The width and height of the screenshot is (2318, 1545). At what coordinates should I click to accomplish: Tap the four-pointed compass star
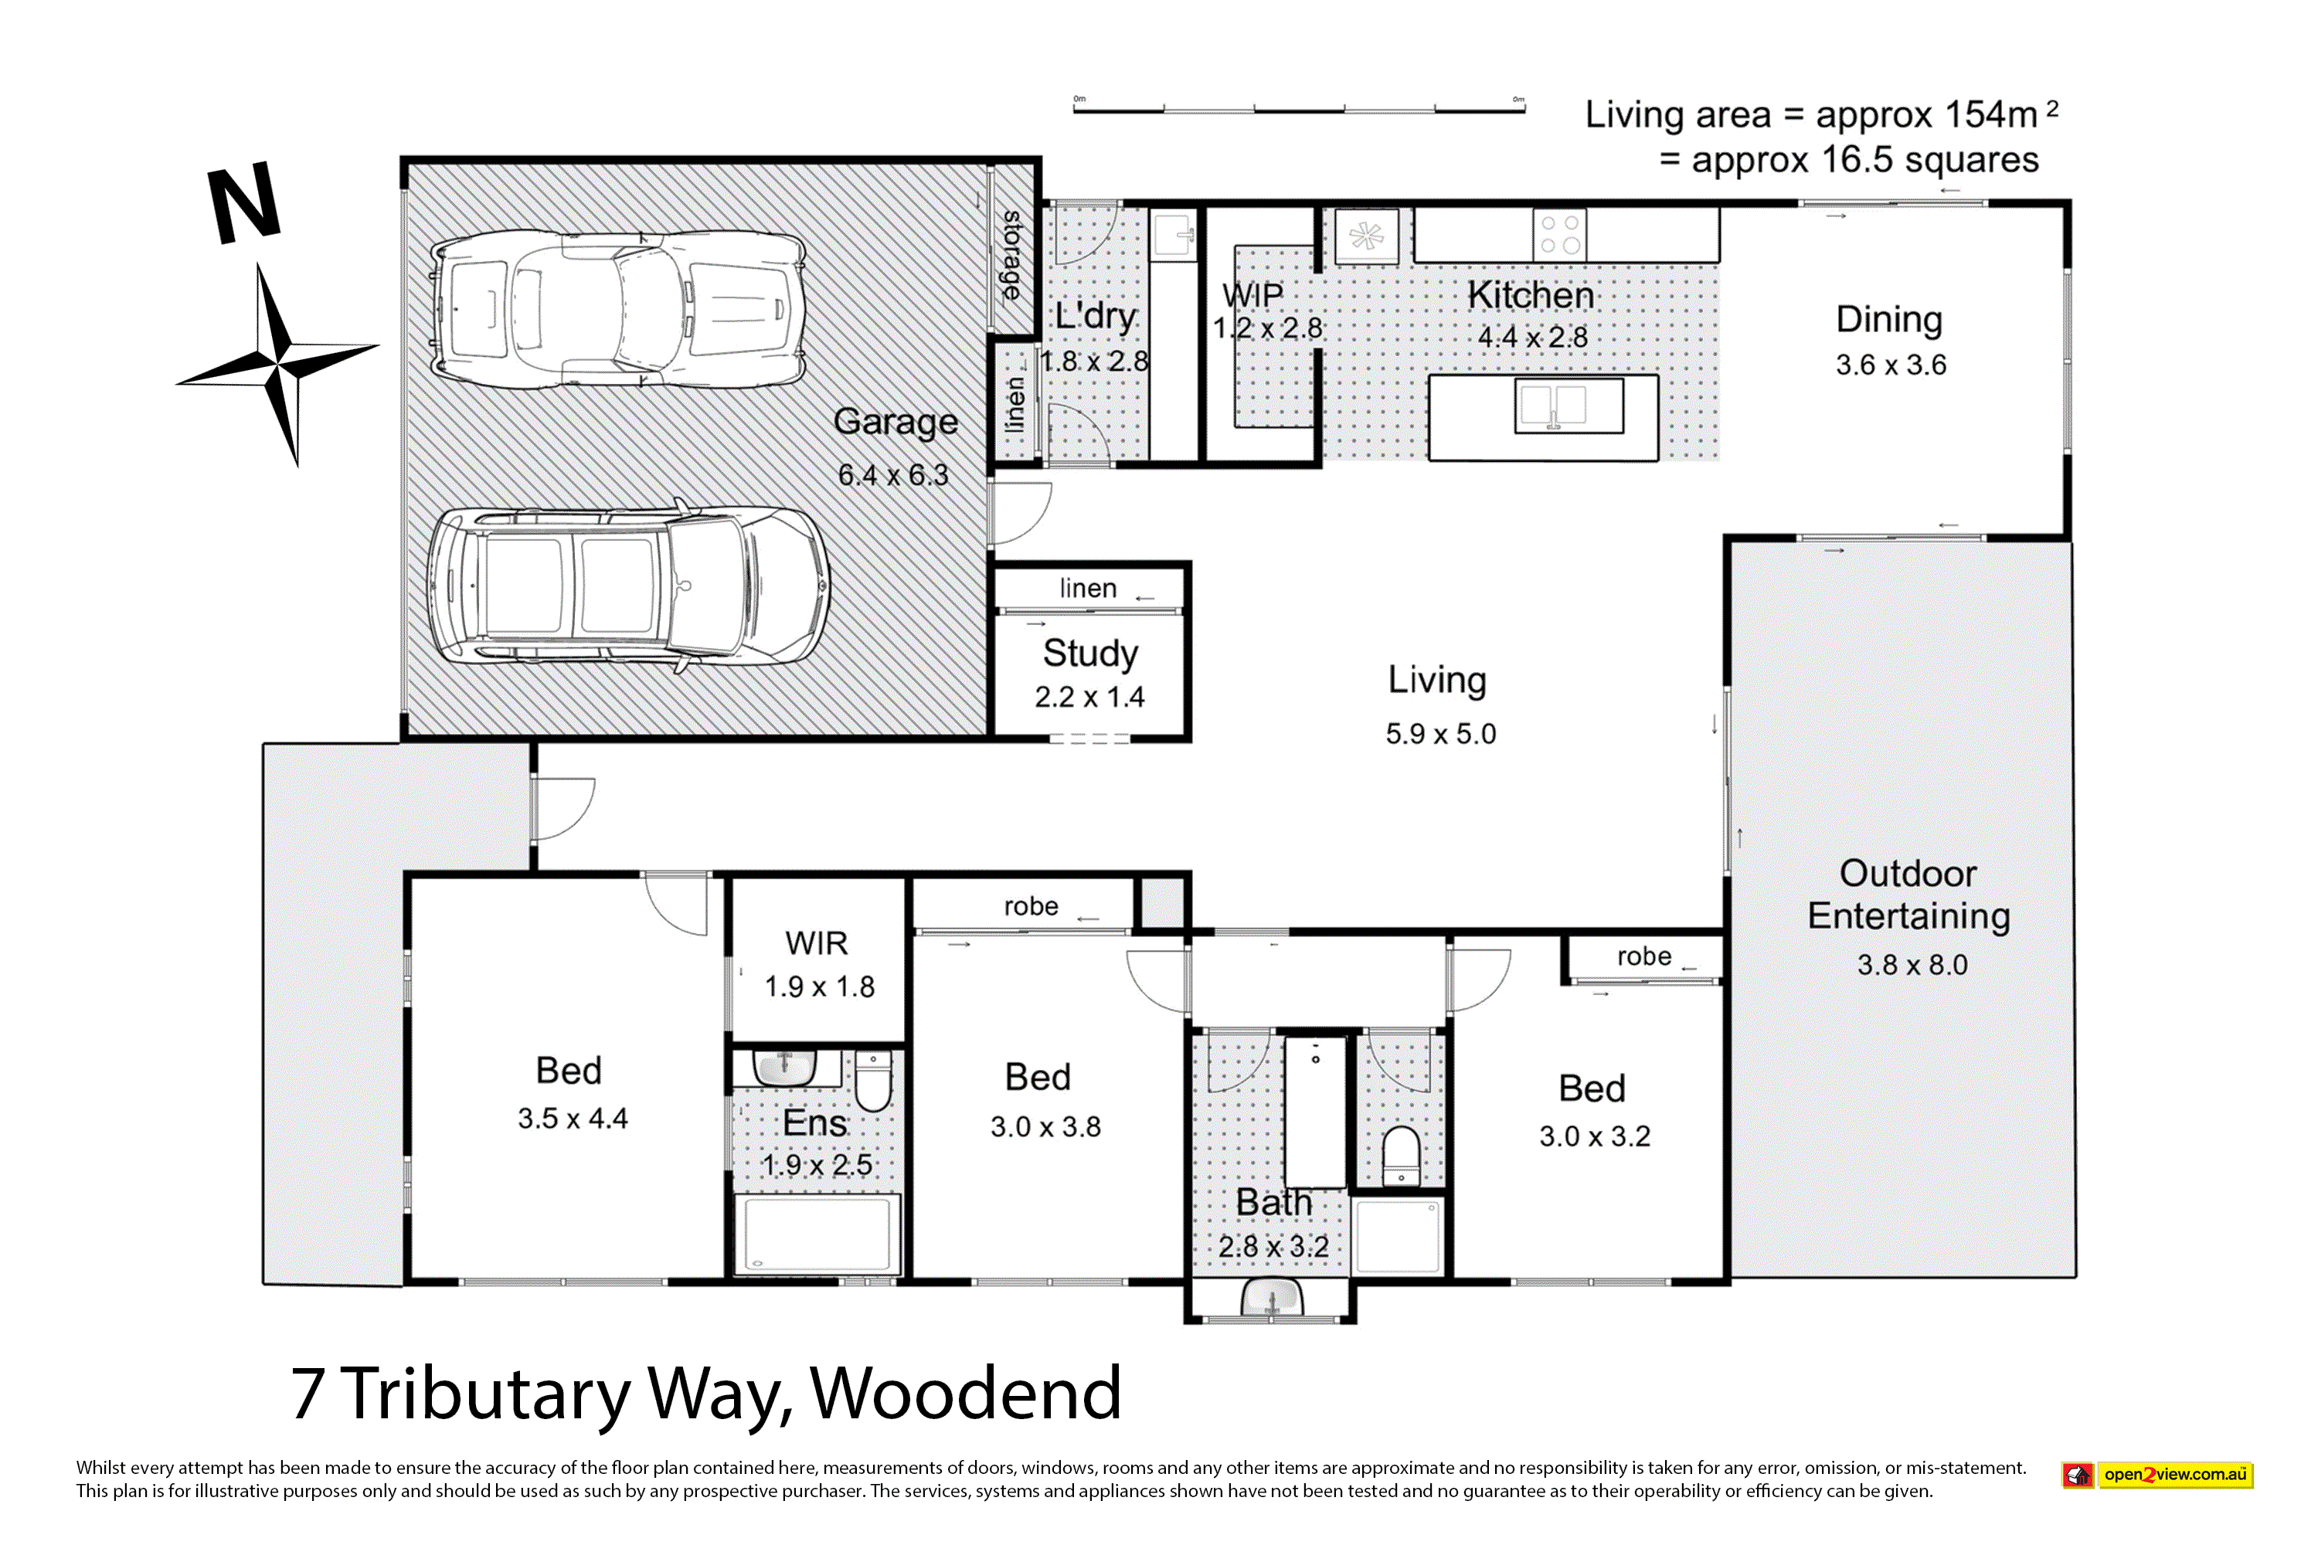click(x=279, y=362)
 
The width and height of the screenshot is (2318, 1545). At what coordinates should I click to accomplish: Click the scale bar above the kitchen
click(x=1299, y=107)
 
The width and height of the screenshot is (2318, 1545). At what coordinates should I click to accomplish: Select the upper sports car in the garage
click(x=619, y=310)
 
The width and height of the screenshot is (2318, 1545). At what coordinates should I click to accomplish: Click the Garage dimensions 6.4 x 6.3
click(x=893, y=475)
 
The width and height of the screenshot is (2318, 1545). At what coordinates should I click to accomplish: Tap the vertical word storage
click(x=1012, y=255)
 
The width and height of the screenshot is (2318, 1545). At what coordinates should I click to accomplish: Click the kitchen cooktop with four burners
click(x=1560, y=235)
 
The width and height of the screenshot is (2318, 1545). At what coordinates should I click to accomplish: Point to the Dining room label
click(x=1889, y=321)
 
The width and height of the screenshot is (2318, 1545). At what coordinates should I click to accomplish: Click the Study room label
click(x=1090, y=654)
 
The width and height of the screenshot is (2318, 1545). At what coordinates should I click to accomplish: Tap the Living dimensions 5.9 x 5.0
click(x=1440, y=734)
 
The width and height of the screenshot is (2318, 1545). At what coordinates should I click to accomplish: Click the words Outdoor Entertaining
click(x=1909, y=895)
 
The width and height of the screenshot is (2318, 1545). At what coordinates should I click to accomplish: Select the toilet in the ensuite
click(x=873, y=1080)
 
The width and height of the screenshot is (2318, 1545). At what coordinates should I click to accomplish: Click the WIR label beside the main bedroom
click(x=816, y=943)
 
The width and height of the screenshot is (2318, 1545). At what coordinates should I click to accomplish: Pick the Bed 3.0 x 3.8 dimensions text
click(x=1045, y=1126)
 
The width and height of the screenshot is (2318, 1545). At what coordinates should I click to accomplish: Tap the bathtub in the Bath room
click(x=1316, y=1112)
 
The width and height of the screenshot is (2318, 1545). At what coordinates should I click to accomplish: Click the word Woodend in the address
click(x=966, y=1394)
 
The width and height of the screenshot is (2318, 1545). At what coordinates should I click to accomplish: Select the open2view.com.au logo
click(x=2157, y=1475)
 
